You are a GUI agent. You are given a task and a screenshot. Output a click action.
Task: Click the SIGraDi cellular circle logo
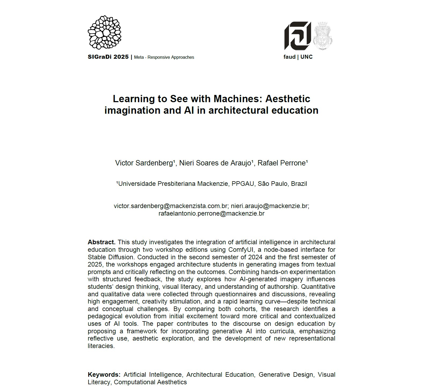(x=104, y=32)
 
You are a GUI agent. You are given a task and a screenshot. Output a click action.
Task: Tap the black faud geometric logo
(x=297, y=36)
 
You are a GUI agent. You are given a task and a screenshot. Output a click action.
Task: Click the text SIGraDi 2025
(x=108, y=57)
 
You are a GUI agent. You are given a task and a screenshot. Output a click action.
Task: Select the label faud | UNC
(x=298, y=57)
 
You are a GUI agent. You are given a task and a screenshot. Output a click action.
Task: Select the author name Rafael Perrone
(x=282, y=163)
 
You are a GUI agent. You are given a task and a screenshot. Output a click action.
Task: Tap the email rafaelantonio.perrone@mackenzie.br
(x=211, y=213)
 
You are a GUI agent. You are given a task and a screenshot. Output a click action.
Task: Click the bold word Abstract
(x=101, y=242)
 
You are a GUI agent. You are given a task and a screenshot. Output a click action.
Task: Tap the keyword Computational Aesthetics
(x=150, y=382)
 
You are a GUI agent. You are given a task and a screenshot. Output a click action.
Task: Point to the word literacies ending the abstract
(x=101, y=346)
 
